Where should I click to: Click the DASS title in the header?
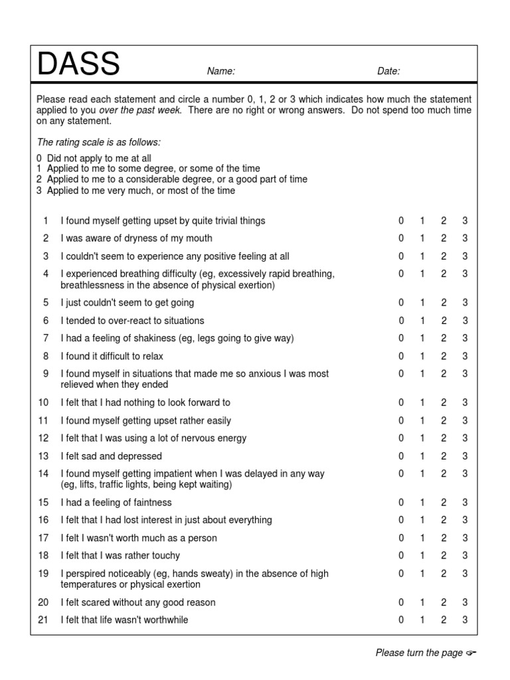click(x=78, y=65)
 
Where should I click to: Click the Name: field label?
click(x=221, y=71)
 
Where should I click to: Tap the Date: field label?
click(x=388, y=71)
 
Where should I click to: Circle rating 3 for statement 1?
click(x=465, y=220)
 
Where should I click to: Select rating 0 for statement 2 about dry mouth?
click(x=401, y=238)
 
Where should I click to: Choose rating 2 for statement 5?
click(x=444, y=303)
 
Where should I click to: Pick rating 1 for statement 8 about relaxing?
click(x=422, y=356)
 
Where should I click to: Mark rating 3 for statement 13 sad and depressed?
click(x=465, y=456)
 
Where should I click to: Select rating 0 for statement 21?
click(x=401, y=620)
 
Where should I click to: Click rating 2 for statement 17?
click(x=444, y=538)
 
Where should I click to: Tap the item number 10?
click(x=43, y=402)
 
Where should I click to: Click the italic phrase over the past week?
click(x=139, y=110)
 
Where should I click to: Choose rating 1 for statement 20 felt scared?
click(x=422, y=602)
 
